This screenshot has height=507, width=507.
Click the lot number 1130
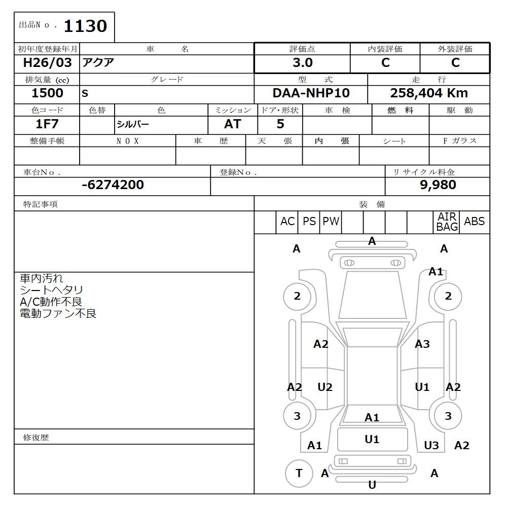tap(85, 26)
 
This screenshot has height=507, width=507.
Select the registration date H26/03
tap(48, 63)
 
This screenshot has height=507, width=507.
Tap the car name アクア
tap(98, 63)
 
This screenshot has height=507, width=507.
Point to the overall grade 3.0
tap(302, 63)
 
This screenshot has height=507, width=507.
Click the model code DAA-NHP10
tap(311, 93)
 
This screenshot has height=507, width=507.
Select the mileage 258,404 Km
tap(429, 93)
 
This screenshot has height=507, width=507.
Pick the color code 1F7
tap(47, 124)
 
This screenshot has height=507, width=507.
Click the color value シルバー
tap(133, 124)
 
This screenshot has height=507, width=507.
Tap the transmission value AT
tap(232, 124)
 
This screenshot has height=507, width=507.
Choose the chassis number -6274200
tap(113, 185)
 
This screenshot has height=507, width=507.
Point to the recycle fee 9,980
tap(438, 185)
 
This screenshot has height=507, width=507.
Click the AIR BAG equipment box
tap(447, 222)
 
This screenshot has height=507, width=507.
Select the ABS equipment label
tap(474, 222)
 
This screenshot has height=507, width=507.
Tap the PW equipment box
tap(331, 222)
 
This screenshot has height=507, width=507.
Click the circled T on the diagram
tap(299, 473)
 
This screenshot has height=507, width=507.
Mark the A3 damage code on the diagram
tap(422, 344)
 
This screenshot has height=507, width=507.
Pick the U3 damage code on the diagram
tap(431, 445)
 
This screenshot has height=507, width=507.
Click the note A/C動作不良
tap(51, 302)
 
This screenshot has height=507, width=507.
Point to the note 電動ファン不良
tap(58, 313)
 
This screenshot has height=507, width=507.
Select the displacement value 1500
tap(47, 93)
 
